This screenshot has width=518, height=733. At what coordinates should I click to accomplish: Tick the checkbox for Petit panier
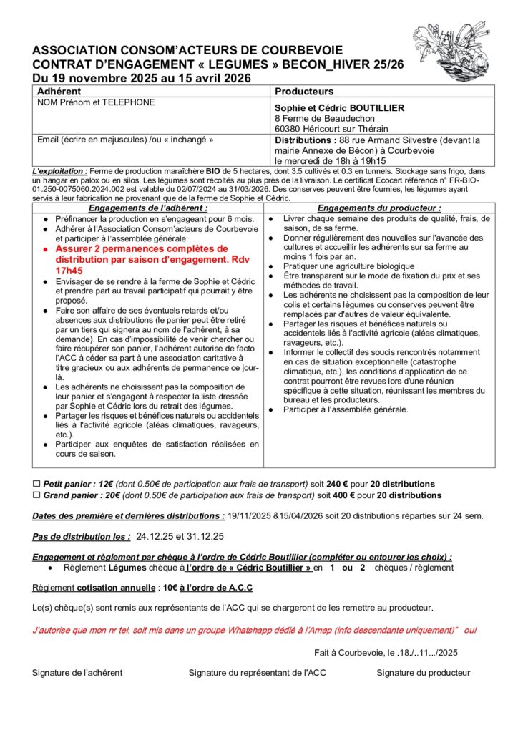pyautogui.click(x=37, y=484)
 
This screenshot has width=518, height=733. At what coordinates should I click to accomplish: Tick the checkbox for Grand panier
pyautogui.click(x=37, y=495)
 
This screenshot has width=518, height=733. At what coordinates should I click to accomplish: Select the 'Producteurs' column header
pyautogui.click(x=304, y=92)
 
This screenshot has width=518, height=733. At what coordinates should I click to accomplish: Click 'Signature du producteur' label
pyautogui.click(x=424, y=673)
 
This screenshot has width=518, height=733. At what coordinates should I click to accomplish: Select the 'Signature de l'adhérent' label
pyautogui.click(x=77, y=673)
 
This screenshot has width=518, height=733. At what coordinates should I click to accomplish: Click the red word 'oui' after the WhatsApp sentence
pyautogui.click(x=470, y=631)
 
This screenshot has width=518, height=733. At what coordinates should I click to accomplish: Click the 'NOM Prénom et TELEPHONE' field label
pyautogui.click(x=96, y=103)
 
